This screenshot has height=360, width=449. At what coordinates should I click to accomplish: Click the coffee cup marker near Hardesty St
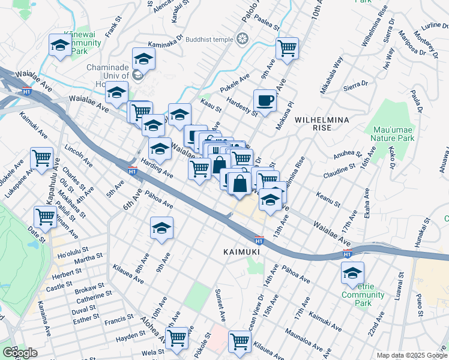point(265,100)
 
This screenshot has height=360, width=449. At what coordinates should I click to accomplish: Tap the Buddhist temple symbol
point(243,40)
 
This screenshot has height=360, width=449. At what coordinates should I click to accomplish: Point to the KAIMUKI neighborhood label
point(241,252)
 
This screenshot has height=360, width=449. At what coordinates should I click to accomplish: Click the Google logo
point(20,353)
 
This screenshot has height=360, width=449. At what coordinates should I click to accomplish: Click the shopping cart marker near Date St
point(45,217)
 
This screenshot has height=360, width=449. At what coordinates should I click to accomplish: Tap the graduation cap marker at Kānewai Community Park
point(60,46)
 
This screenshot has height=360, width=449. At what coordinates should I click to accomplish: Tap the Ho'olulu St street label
point(73,250)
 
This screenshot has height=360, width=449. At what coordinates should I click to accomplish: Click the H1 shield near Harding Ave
point(133,170)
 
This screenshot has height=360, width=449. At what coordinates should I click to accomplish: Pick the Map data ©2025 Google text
point(412,355)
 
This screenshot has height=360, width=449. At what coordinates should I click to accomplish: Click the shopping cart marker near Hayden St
point(176,338)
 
